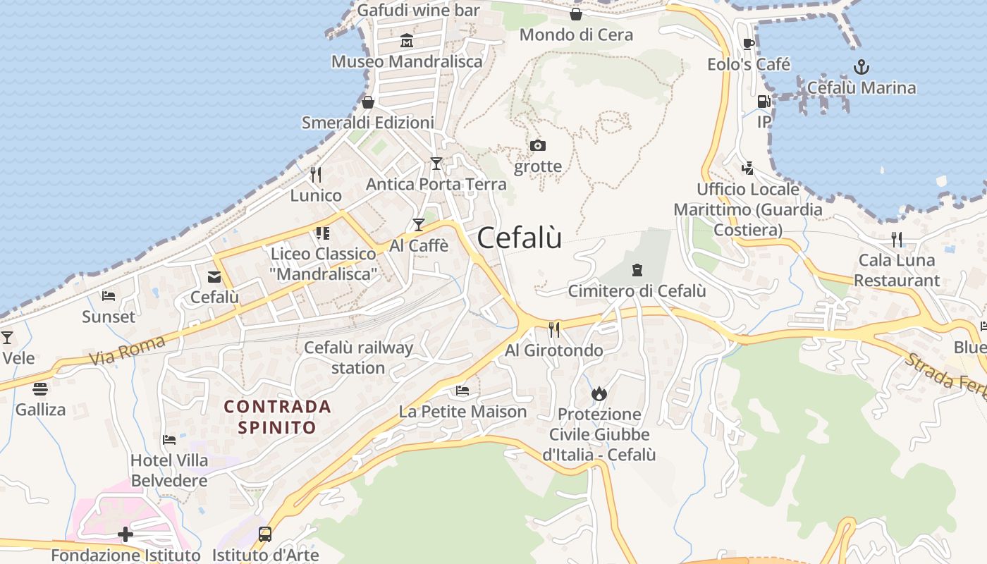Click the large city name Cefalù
coord(520,238)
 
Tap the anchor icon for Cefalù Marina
coord(861,68)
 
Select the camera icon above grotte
coord(538,146)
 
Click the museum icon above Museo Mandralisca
coord(407,41)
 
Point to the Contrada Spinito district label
coord(277,417)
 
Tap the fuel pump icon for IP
coord(764,102)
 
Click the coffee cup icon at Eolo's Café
coord(749,44)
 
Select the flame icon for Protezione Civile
coord(599,393)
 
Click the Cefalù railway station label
coord(358,357)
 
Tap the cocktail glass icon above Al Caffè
coord(419,225)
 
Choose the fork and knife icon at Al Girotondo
coord(554,329)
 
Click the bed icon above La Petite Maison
coord(462,391)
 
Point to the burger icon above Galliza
coord(40,388)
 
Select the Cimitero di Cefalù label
coord(637,290)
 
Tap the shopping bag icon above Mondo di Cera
coord(576,14)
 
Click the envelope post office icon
coord(214,277)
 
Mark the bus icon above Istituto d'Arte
coord(265,534)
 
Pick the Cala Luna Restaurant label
coord(897,270)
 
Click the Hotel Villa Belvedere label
coord(169,470)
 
